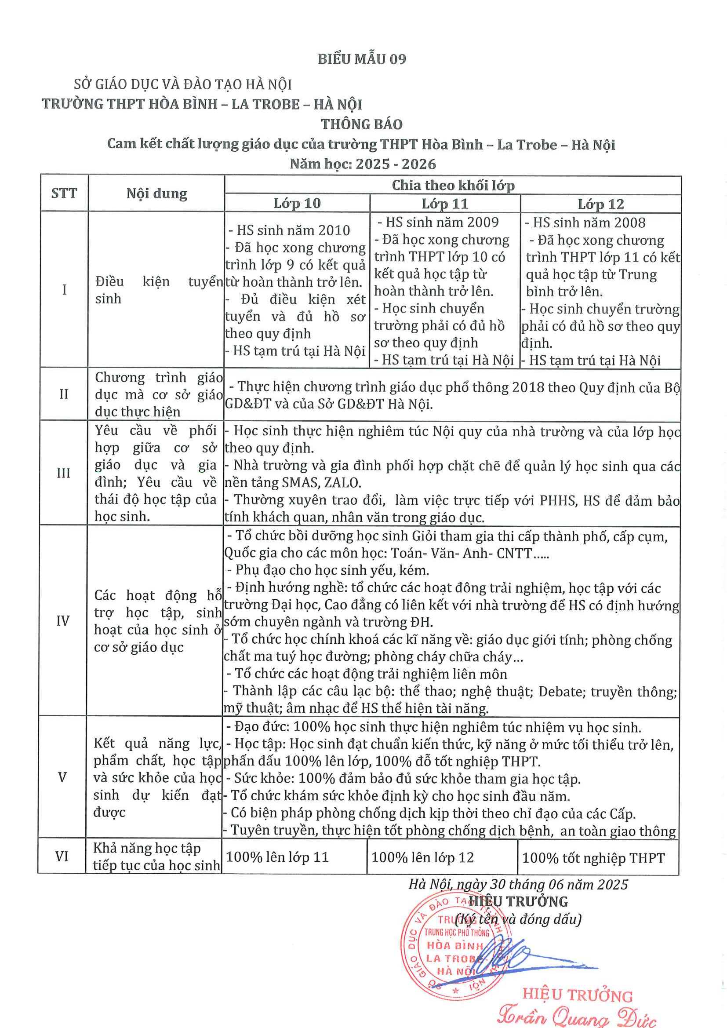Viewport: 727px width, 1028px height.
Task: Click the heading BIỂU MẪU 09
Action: (362, 59)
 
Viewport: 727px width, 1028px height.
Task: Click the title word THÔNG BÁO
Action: (362, 124)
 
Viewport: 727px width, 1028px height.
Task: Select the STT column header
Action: (64, 193)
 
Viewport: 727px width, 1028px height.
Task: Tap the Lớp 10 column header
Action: (297, 203)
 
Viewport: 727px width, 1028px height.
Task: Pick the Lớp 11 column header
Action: (445, 204)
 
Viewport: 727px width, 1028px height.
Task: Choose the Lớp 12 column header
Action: (601, 204)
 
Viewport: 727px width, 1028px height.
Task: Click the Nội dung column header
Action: (156, 194)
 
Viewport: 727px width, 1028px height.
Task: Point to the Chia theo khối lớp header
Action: (453, 186)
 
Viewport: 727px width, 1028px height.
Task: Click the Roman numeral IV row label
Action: (63, 621)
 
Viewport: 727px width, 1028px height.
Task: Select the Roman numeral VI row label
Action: (62, 857)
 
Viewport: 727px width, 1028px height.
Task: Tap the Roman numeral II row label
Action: (64, 394)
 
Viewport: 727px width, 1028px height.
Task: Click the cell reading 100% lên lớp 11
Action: (277, 857)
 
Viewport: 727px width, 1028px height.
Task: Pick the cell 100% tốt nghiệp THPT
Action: (593, 858)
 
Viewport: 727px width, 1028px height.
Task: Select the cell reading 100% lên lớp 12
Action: (422, 857)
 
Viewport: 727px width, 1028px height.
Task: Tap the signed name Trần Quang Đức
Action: (577, 1015)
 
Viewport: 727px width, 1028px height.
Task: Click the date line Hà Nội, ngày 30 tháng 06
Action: (518, 884)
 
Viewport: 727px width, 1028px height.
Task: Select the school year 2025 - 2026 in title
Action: (396, 164)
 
